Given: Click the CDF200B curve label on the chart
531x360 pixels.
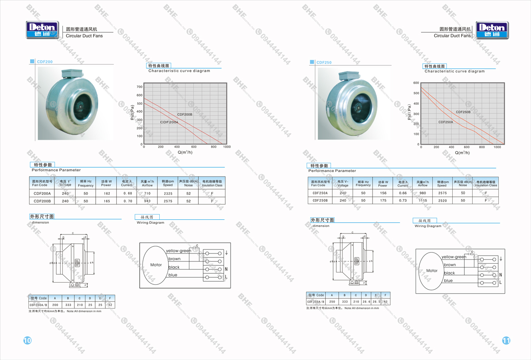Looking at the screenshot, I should coord(185,115).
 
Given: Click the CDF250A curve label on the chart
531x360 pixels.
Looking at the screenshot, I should coord(446,122).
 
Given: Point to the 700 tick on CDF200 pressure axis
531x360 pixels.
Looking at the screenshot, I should coord(139,87).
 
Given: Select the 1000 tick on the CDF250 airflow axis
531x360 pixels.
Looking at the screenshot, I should coord(497,147).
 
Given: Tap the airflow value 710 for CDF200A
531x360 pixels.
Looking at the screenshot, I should coord(147,193).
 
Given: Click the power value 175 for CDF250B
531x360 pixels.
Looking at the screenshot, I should coord(383,200).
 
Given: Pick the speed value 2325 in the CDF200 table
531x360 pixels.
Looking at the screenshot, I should coord(168,193).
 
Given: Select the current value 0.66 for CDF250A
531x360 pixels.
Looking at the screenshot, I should coord(403,193).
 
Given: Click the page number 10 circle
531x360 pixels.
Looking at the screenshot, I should coord(27,340).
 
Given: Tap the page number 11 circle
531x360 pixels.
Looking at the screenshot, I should coord(506,341).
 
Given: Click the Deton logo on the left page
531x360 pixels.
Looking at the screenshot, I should coord(42,30).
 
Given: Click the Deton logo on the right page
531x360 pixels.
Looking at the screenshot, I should coord(492,30).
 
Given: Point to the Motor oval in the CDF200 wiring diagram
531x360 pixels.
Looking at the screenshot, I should coord(156,265).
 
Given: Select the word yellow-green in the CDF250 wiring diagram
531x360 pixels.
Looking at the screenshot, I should coord(454,257).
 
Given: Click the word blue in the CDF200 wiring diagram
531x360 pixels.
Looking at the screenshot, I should coord(173,275).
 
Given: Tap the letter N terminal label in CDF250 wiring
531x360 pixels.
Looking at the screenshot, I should coord(500,275).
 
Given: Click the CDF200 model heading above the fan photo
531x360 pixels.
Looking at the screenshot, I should coord(45,62).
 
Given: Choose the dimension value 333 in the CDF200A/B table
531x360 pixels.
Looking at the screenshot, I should coord(68,305).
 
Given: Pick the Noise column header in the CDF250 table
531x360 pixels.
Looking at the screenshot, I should coord(463,184).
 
